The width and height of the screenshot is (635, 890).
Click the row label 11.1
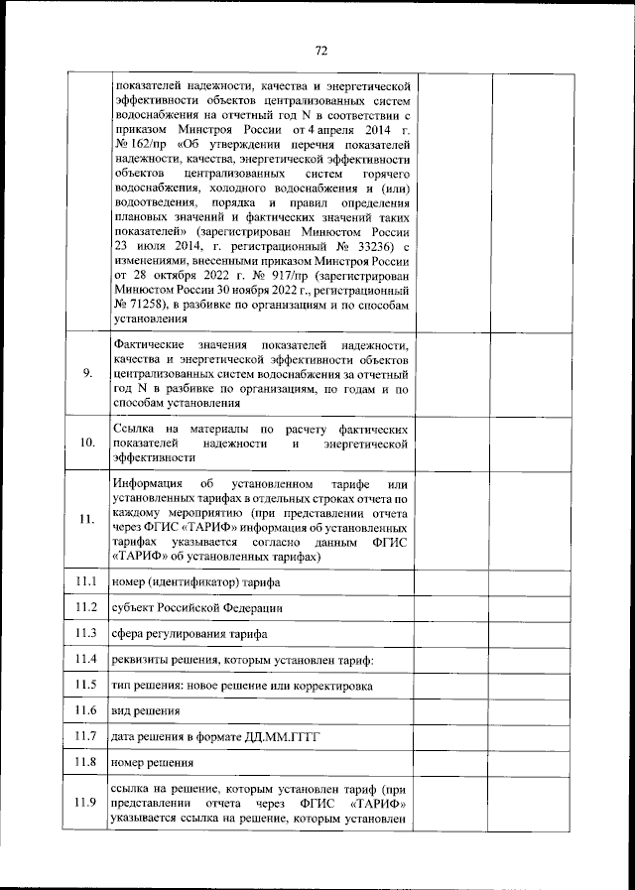pos(86,580)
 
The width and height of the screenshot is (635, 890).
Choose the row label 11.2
pos(86,606)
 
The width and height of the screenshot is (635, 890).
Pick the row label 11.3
pos(86,633)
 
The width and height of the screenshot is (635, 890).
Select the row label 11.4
pos(86,659)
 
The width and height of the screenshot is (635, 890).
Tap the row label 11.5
pos(86,685)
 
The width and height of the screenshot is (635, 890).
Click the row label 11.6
pos(86,710)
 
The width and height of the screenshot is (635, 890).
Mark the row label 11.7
pos(86,736)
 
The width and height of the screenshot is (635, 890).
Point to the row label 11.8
pos(86,762)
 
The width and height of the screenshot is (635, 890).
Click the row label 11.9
pos(86,803)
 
